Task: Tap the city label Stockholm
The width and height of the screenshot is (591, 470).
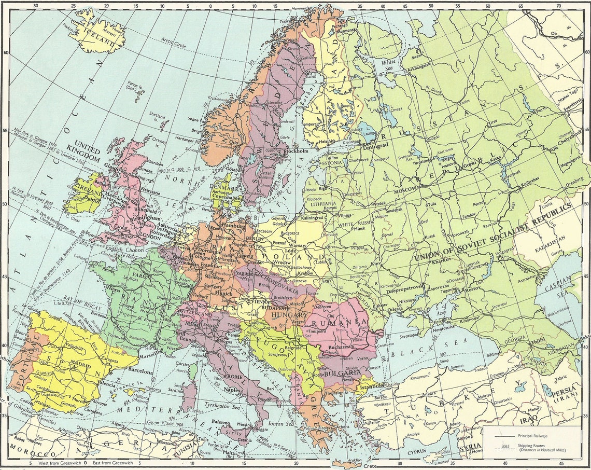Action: [297, 151]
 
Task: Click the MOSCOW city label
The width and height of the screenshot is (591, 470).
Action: [405, 190]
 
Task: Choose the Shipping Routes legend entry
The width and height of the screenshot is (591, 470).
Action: [539, 448]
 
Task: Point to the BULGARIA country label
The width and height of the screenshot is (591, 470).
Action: [344, 373]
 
